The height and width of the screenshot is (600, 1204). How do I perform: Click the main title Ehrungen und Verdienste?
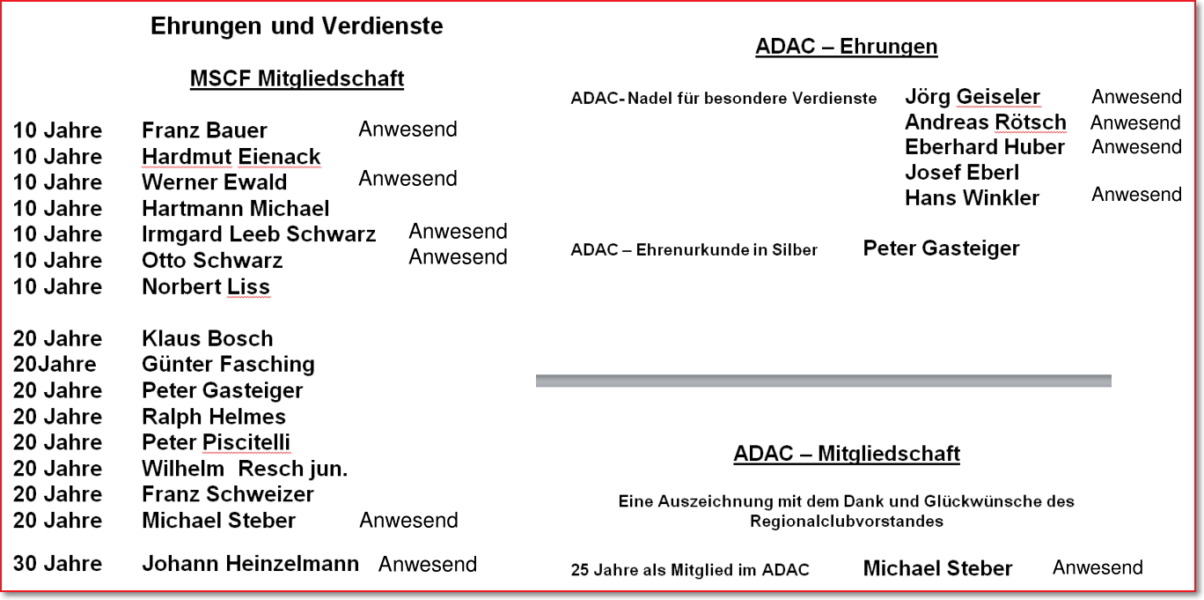(297, 26)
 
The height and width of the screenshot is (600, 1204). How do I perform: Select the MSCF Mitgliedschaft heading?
(297, 78)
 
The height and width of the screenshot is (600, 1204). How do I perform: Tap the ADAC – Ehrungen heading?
(846, 47)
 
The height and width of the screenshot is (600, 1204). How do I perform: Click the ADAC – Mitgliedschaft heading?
(847, 454)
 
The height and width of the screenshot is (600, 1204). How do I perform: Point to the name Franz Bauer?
(204, 130)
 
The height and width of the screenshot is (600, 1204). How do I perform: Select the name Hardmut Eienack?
(231, 157)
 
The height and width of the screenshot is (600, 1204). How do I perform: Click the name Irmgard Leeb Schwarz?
(259, 234)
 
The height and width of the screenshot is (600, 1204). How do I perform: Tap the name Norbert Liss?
(206, 287)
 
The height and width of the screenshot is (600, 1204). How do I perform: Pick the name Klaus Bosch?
(208, 338)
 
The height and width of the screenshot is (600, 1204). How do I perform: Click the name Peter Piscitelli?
(217, 442)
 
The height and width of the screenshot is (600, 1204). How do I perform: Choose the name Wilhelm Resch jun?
(245, 469)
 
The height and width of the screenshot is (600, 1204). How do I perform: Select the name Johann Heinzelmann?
(251, 564)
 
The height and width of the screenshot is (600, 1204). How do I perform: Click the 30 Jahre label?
(57, 564)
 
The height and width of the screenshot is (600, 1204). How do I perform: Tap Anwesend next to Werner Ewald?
(408, 179)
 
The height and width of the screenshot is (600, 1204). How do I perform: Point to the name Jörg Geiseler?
(973, 97)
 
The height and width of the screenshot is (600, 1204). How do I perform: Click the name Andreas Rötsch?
(986, 122)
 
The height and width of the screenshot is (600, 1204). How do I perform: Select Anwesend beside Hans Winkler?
(1136, 194)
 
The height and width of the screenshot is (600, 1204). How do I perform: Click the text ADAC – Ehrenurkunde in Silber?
(694, 249)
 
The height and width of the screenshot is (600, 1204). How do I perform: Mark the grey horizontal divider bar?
(824, 381)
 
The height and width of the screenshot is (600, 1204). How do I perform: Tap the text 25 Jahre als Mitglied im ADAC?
(690, 570)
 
